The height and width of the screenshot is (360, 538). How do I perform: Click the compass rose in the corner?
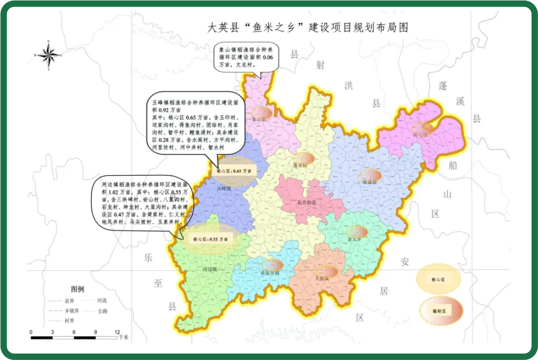point(48,54)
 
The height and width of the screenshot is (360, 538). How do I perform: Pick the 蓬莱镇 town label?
point(300,165)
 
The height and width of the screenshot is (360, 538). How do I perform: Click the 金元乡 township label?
point(355,239)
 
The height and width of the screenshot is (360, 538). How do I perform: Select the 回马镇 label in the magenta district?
point(420,135)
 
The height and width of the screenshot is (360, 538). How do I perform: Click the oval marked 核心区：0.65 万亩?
point(233,171)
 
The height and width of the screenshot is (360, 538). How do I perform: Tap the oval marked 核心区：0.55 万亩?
point(210,239)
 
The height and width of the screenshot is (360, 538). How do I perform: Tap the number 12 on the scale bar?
point(117,331)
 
